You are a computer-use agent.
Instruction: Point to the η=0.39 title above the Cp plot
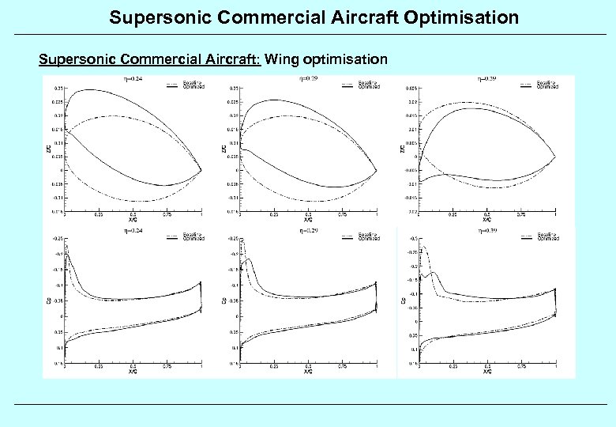click(x=488, y=231)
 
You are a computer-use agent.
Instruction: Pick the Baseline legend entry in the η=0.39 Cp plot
click(x=547, y=234)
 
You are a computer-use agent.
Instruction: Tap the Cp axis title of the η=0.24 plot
click(x=49, y=301)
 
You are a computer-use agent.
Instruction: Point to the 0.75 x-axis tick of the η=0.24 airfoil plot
click(x=167, y=215)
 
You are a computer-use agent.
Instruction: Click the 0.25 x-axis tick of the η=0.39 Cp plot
click(x=453, y=368)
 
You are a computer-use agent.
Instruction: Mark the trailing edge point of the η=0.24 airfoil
click(x=201, y=169)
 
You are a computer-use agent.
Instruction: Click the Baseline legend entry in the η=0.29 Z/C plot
click(x=367, y=82)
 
